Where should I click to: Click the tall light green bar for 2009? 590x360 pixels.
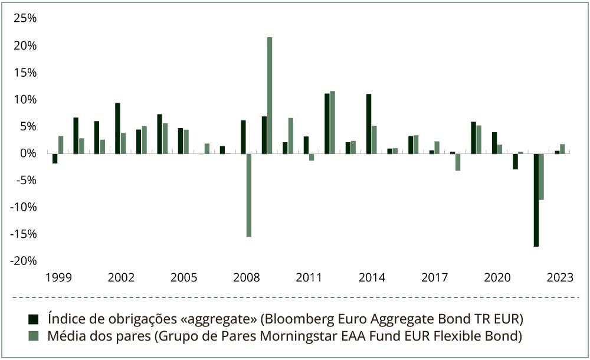pos(270,95)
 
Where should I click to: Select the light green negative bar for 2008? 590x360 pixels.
pos(249,195)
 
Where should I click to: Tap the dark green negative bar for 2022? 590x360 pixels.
pos(536,200)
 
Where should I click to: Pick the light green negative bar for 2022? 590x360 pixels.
pos(542,177)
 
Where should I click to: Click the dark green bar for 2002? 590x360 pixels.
pos(117,128)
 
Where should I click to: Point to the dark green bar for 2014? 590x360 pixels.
pos(369,124)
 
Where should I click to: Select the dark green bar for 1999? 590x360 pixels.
pos(55,158)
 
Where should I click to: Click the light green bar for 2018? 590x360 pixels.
pos(458,162)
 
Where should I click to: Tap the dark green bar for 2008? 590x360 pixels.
pos(243,137)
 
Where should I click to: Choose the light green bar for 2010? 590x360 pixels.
pos(290,136)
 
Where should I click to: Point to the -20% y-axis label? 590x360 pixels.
pos(23,261)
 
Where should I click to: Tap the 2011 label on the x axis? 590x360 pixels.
pos(309,277)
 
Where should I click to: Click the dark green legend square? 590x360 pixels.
pos(34,319)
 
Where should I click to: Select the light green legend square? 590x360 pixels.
pos(34,336)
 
